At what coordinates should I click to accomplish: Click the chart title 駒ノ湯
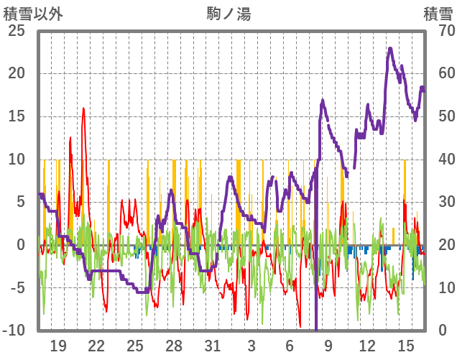228,14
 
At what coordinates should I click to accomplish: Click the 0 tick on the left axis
20,245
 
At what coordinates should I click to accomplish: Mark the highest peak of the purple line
390,49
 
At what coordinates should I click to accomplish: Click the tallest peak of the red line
83,109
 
